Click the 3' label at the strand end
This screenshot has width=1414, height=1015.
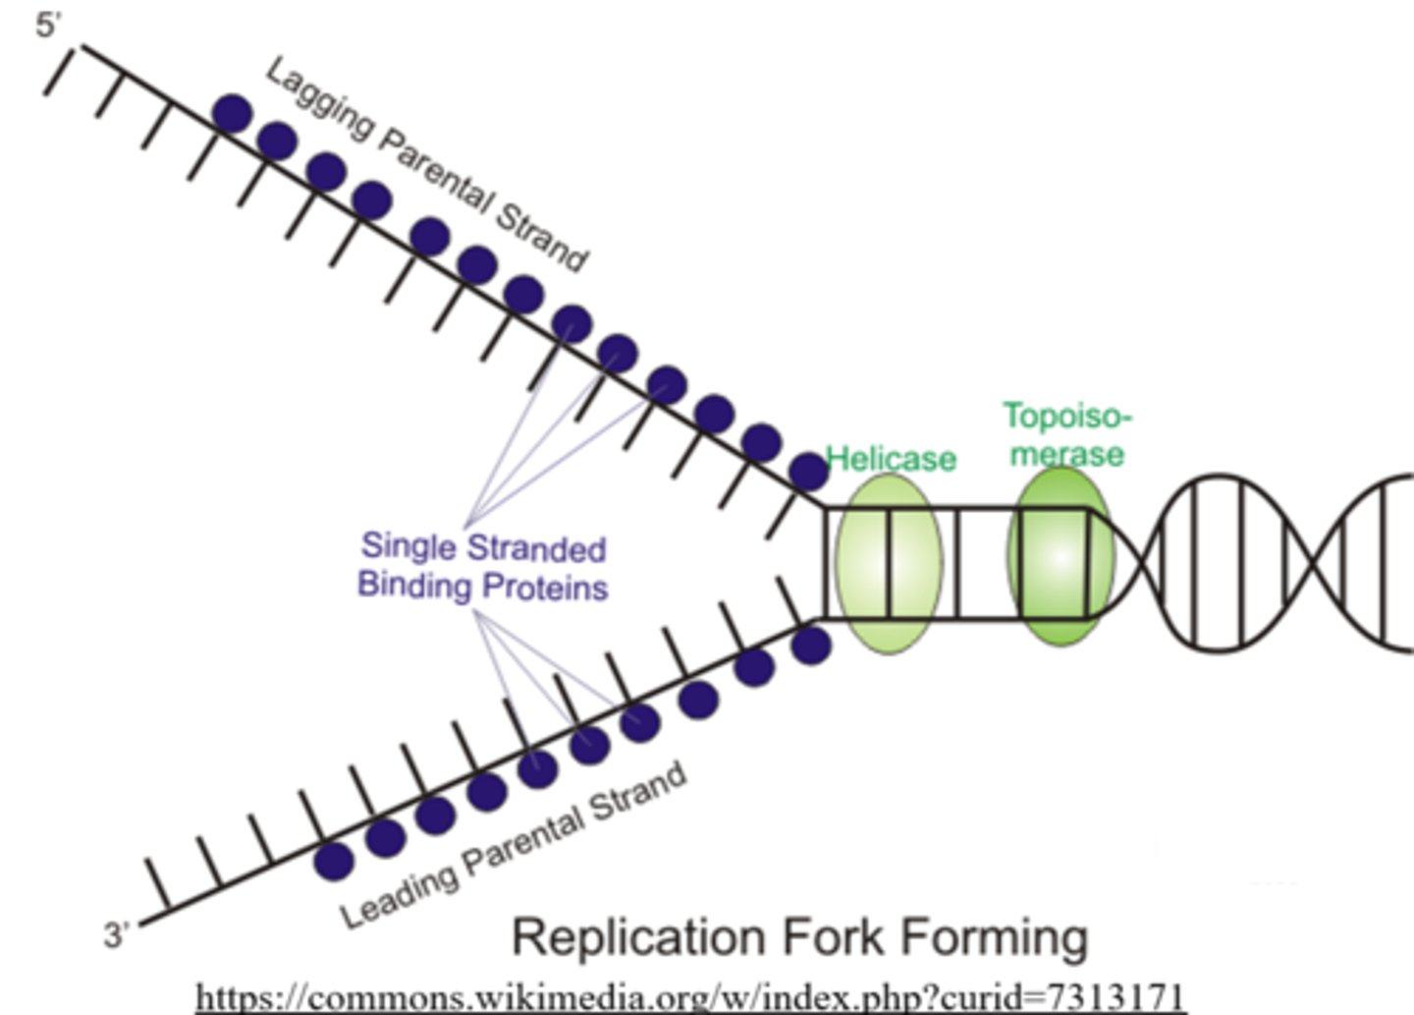pos(116,934)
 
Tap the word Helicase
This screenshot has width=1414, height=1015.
pos(891,459)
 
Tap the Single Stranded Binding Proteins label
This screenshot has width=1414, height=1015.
pos(482,567)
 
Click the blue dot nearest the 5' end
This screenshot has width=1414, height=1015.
pos(233,114)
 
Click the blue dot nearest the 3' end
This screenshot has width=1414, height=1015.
pos(334,861)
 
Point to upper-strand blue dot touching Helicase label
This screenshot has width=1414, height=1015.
pos(809,473)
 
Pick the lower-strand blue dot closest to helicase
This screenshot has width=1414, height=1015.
pos(811,646)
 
